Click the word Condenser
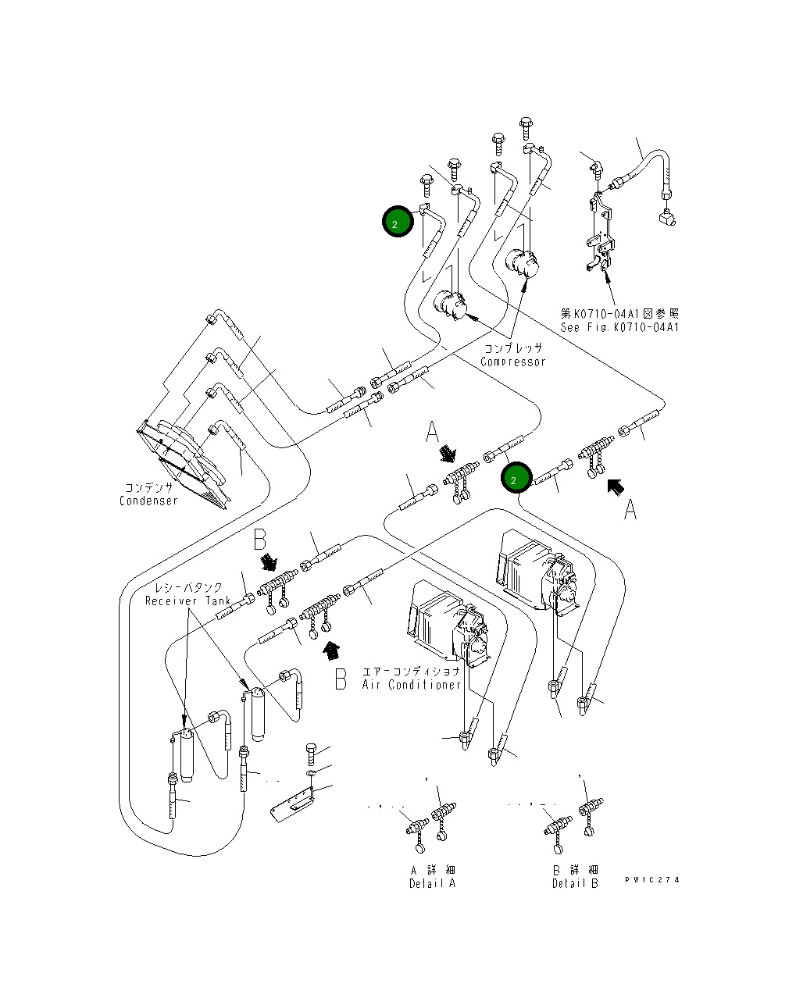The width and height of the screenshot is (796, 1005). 148,501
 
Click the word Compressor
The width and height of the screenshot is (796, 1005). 513,362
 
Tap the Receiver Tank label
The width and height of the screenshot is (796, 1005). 187,601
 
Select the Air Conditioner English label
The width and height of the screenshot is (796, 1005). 412,685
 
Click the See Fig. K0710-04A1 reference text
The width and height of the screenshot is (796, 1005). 619,327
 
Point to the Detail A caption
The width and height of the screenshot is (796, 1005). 432,884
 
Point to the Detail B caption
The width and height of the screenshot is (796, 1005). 575,884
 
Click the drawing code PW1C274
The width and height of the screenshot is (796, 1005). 652,880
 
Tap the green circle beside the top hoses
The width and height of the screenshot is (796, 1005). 398,221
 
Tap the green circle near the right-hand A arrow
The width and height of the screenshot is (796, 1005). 516,478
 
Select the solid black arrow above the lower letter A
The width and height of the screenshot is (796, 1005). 616,487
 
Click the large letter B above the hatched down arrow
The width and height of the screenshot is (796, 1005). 259,539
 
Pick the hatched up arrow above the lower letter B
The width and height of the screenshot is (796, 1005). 332,650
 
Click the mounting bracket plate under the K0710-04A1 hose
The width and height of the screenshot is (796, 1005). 601,231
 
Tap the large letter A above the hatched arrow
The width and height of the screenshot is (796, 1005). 433,432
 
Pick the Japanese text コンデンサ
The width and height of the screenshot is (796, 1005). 149,487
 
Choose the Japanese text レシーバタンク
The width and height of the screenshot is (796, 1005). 188,587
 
